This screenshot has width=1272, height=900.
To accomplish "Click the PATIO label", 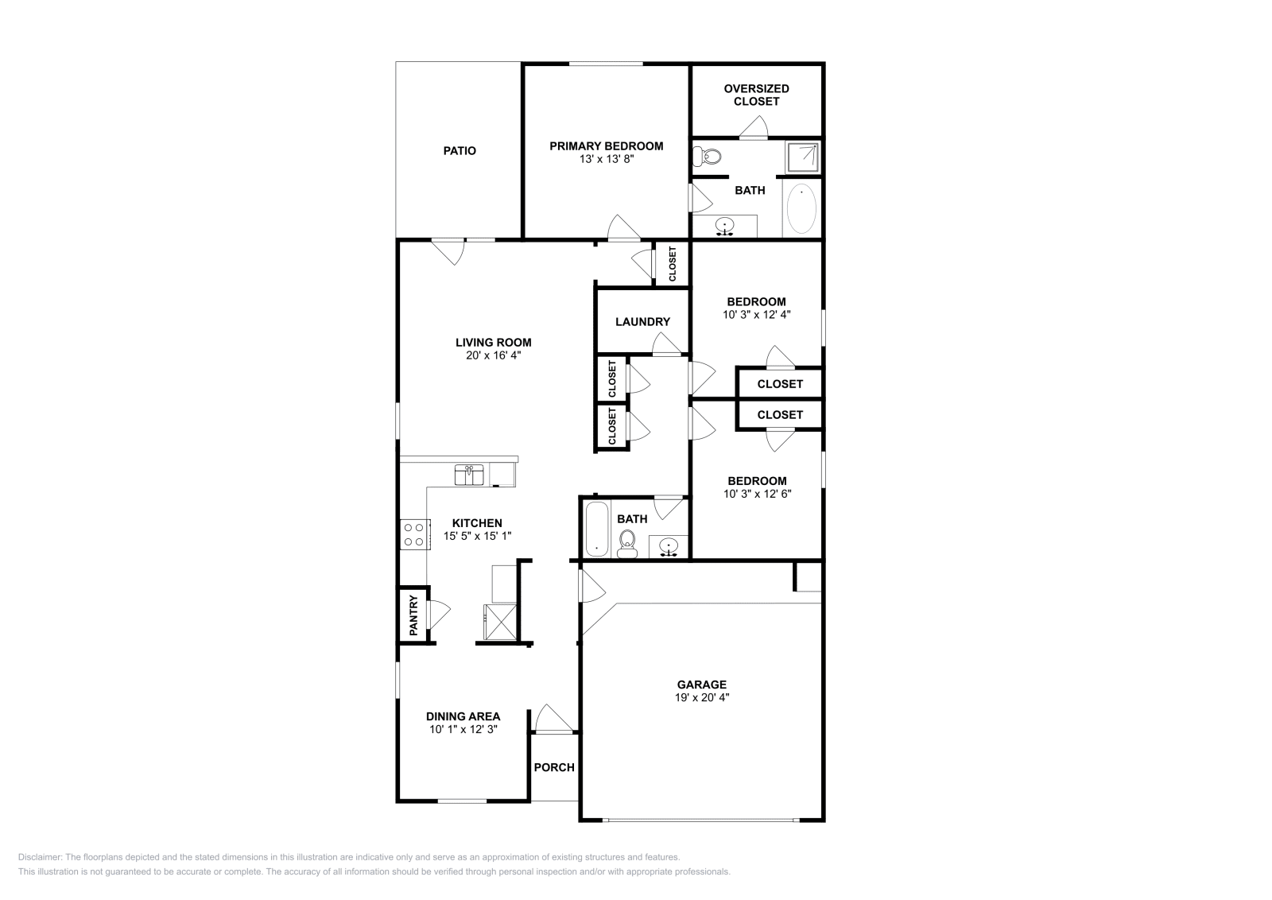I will click(460, 150).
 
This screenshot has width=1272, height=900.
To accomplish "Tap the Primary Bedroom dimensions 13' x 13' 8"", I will click(606, 159).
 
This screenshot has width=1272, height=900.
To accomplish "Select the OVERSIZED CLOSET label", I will click(756, 95).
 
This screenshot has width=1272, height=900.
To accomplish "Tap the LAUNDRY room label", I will click(642, 322).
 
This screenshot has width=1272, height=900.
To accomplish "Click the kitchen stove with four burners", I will click(413, 533).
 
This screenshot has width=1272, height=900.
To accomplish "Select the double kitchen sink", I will click(469, 475).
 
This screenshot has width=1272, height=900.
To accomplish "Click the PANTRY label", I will click(413, 615).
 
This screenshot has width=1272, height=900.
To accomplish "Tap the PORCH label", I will click(554, 767).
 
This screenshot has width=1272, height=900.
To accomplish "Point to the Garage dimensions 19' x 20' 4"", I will click(702, 697).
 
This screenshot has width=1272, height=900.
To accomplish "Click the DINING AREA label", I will click(463, 716).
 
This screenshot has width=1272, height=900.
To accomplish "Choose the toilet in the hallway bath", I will click(627, 545).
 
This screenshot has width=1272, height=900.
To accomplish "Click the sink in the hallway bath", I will click(669, 547).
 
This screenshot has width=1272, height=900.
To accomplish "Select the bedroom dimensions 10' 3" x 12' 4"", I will click(757, 314).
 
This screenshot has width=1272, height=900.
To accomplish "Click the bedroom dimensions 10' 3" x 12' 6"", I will click(757, 493).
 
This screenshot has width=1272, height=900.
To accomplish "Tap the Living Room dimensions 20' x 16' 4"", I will click(493, 355).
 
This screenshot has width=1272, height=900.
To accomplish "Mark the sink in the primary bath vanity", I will click(724, 226).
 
